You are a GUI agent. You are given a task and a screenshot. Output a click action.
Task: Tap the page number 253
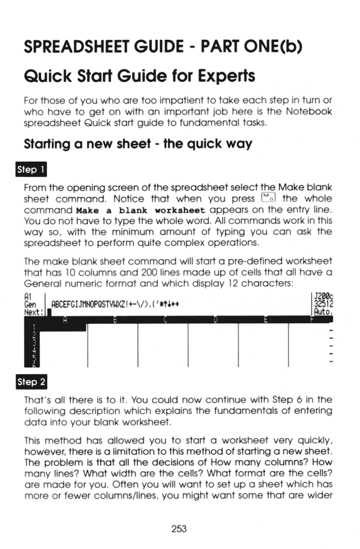(179, 529)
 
